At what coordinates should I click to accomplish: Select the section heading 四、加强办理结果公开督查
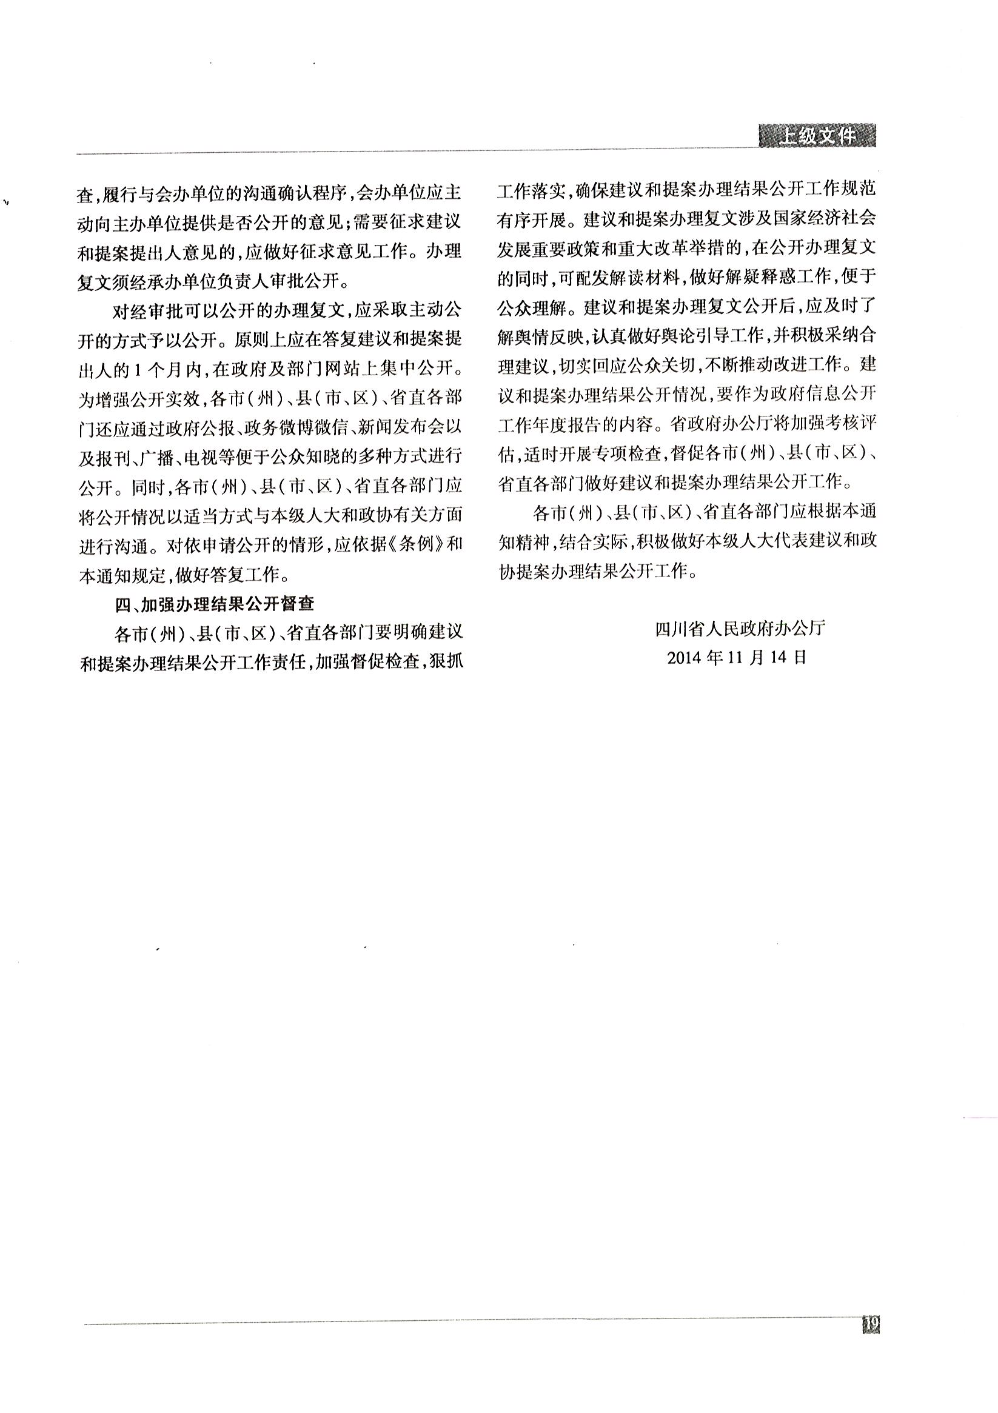pos(215,604)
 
